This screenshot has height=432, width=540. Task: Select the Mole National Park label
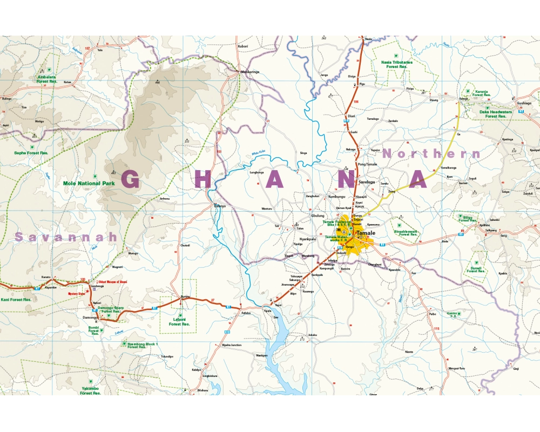click(x=89, y=184)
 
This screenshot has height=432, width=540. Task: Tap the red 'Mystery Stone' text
click(x=77, y=294)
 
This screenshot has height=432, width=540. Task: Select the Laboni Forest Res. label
click(x=179, y=321)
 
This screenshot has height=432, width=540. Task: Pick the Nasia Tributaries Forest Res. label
click(x=397, y=64)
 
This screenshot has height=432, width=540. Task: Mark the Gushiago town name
click(x=525, y=103)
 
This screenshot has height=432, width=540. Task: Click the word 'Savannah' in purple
click(x=66, y=237)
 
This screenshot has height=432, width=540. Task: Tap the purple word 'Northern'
click(x=431, y=154)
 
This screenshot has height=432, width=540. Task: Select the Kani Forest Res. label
click(x=16, y=299)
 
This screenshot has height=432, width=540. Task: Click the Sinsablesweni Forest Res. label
click(x=406, y=233)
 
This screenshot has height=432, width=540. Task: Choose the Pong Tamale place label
click(x=367, y=164)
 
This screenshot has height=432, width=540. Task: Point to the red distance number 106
click(x=355, y=102)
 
